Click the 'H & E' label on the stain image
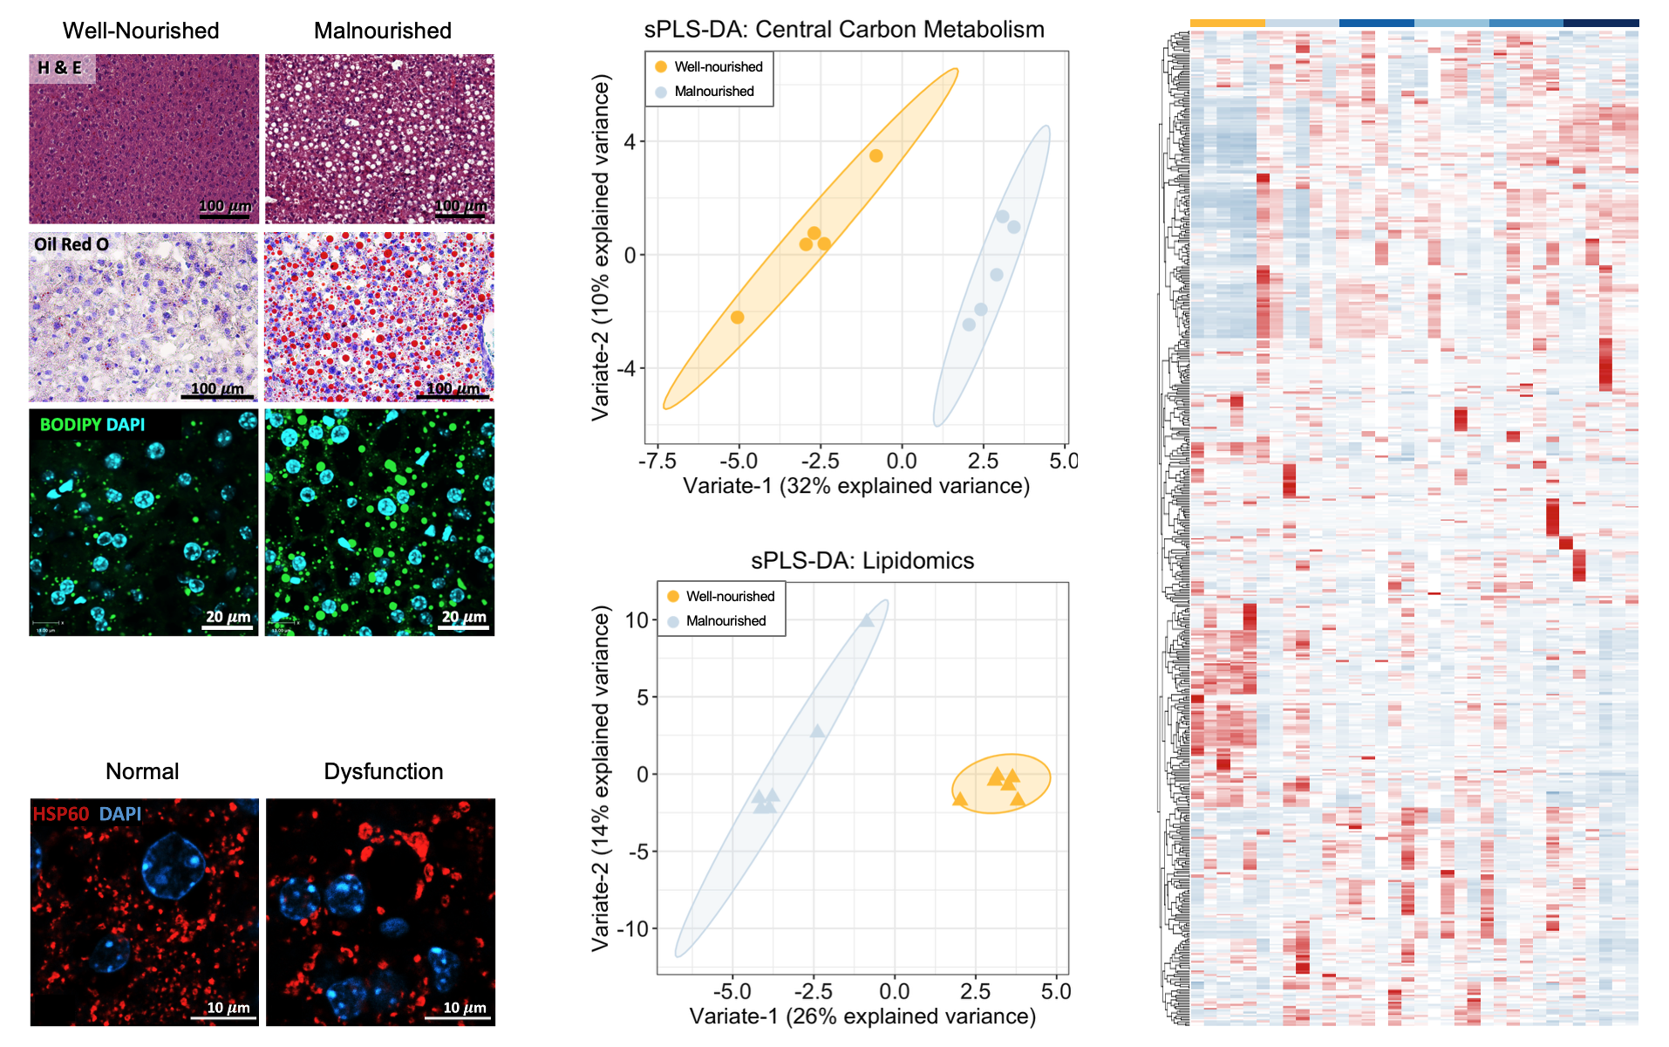(x=60, y=68)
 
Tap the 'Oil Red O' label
(x=72, y=245)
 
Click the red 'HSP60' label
(x=61, y=814)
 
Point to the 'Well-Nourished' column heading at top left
(x=140, y=31)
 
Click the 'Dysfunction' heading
(x=383, y=771)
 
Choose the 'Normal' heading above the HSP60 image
(x=142, y=771)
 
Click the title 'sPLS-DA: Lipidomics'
(x=862, y=560)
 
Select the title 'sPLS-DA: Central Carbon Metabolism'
(x=843, y=30)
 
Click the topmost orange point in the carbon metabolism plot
(x=875, y=156)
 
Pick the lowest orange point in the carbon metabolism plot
(x=737, y=318)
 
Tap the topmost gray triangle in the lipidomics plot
(x=867, y=620)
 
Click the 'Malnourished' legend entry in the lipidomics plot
(x=726, y=621)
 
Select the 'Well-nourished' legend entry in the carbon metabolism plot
(x=718, y=67)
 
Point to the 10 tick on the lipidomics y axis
(x=637, y=620)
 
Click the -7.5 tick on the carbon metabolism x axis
(x=657, y=461)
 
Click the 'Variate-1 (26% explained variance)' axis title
(x=862, y=1016)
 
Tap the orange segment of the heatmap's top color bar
(x=1227, y=23)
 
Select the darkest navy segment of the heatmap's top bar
(x=1601, y=23)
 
